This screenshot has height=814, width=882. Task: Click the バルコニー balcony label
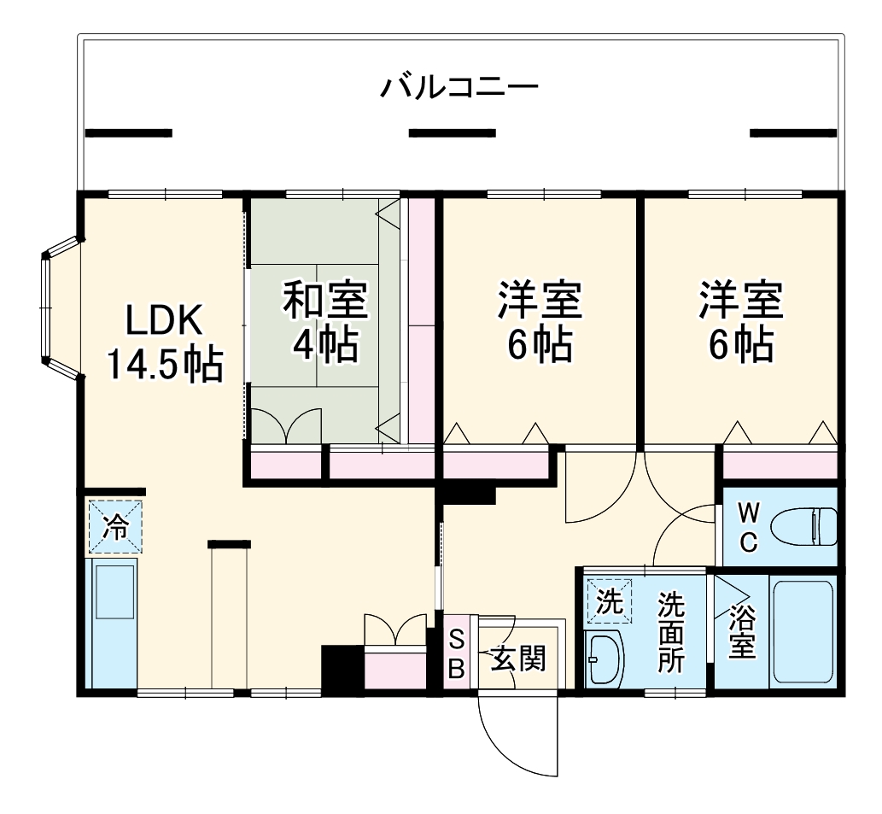click(x=459, y=87)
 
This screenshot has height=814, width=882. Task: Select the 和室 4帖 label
click(x=324, y=322)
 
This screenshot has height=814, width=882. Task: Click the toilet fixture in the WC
click(x=805, y=526)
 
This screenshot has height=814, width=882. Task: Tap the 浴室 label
click(x=741, y=631)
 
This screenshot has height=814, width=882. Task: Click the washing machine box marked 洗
click(x=609, y=602)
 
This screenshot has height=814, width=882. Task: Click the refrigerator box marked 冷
click(x=114, y=527)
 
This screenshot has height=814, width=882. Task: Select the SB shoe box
click(x=457, y=653)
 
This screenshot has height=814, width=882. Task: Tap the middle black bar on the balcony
click(x=452, y=133)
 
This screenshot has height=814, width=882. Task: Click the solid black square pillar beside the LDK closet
click(x=342, y=668)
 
